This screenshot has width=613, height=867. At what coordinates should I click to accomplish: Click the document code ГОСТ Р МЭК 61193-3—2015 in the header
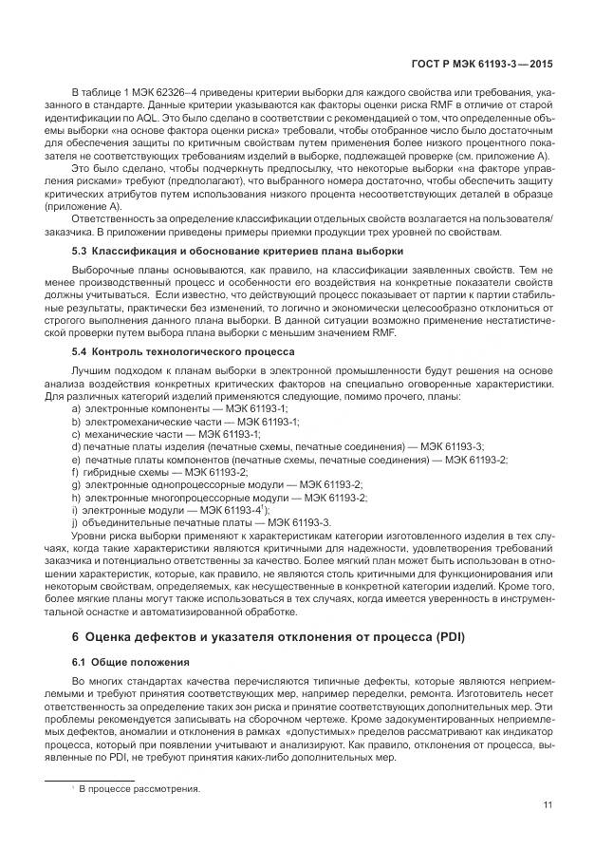[x=483, y=64]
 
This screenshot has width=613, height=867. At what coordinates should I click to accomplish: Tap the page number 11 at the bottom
[x=548, y=806]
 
